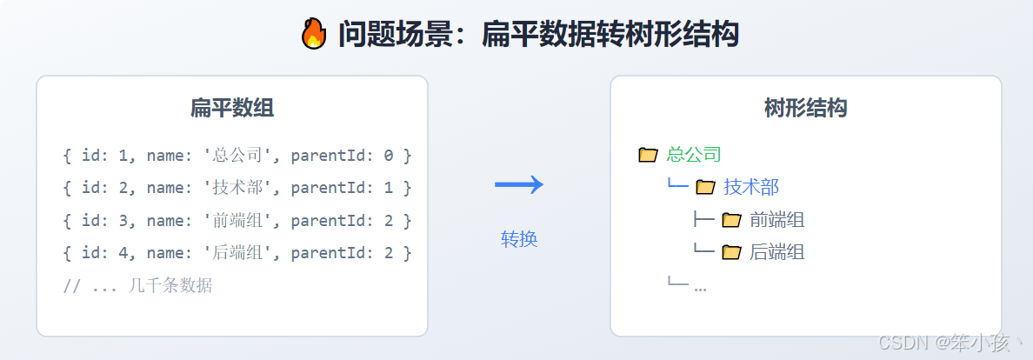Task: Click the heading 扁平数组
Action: point(231,108)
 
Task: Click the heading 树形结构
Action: point(805,108)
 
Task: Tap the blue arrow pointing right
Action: point(519,184)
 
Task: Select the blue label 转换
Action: point(519,239)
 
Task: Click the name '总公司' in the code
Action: point(237,156)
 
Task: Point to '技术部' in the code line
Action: point(237,187)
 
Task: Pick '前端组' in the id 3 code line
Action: point(237,220)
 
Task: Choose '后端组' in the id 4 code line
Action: point(237,253)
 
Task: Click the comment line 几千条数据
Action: point(137,285)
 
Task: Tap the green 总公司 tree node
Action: point(694,155)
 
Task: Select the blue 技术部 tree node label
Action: point(750,186)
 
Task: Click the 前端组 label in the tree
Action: point(776,219)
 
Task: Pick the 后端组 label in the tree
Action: point(776,252)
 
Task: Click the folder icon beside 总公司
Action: point(648,155)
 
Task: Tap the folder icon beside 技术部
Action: point(704,186)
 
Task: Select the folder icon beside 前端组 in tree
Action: point(731,219)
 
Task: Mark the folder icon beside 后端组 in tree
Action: point(731,252)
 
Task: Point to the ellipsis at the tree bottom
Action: point(700,287)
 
